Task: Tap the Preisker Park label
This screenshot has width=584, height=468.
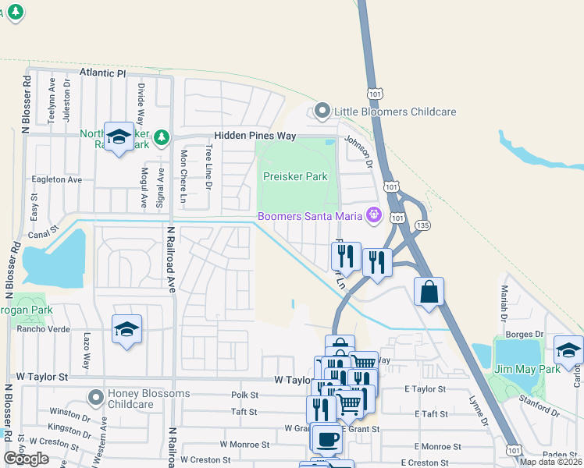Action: [295, 176]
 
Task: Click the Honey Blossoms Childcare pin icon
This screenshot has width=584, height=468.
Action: [95, 398]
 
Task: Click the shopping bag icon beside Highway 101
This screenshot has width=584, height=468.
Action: [429, 293]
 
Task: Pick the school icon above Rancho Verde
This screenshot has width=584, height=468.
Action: [126, 330]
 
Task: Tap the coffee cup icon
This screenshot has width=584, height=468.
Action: [329, 438]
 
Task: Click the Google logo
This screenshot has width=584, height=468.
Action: [26, 459]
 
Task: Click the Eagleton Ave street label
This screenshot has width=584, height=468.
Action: [56, 179]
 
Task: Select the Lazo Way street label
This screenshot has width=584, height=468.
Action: [87, 344]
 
